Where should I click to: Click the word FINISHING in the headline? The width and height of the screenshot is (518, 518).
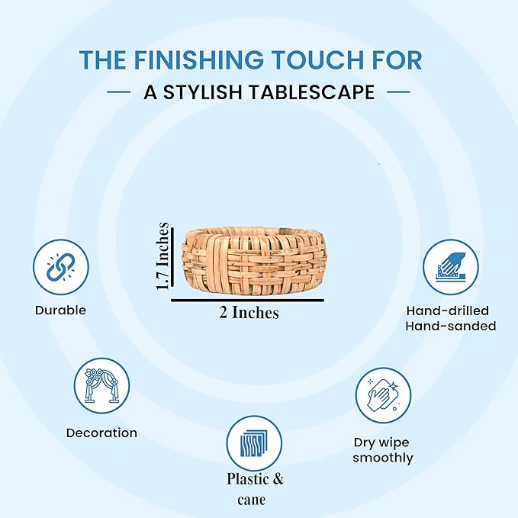point(198,60)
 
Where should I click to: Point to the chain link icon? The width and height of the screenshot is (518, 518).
point(60,267)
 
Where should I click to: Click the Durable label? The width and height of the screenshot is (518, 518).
point(60,310)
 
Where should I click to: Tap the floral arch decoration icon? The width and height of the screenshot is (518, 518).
point(101,385)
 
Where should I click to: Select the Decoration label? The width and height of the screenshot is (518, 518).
point(101,433)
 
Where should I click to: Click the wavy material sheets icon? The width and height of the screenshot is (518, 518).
point(254,444)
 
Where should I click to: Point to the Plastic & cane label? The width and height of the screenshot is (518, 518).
point(255,489)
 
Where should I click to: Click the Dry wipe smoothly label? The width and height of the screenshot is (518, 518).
point(382,450)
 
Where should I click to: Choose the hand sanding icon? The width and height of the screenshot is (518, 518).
point(451,267)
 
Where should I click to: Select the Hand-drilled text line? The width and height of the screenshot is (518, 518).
point(448,310)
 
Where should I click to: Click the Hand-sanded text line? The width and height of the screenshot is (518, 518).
point(451,326)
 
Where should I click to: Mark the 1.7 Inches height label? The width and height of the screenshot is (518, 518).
point(162,256)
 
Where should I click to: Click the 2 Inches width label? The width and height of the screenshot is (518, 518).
point(249,312)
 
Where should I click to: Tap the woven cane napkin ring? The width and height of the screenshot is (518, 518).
point(254,260)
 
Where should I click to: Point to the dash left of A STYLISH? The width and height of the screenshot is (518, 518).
point(119,92)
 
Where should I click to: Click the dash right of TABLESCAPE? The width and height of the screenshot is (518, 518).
point(398,92)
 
